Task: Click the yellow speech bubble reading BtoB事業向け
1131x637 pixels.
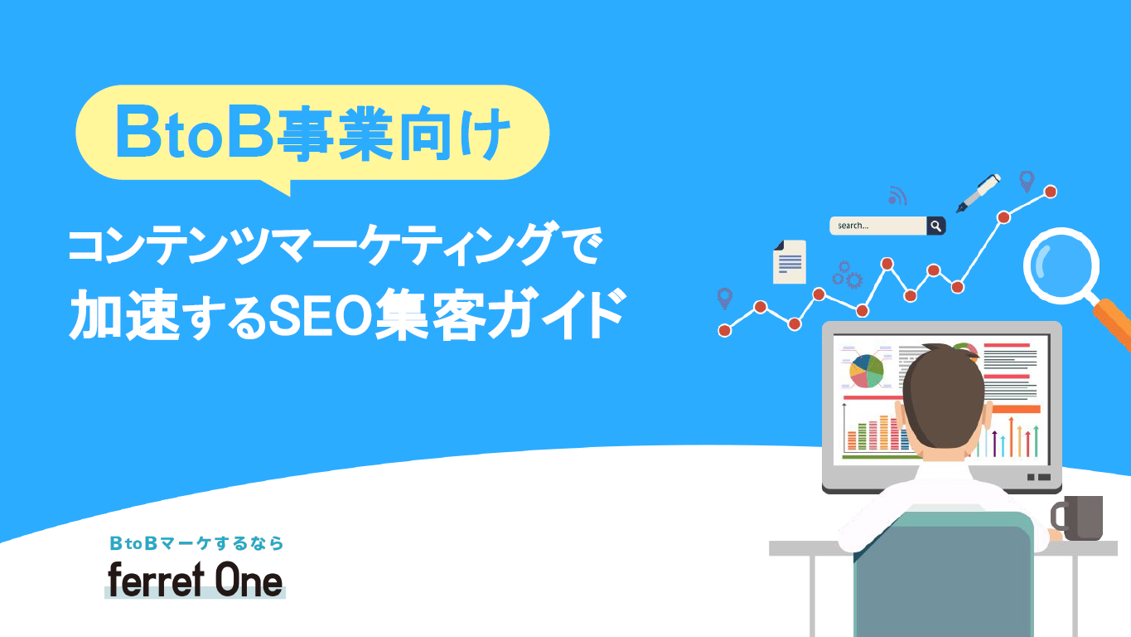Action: pyautogui.click(x=312, y=133)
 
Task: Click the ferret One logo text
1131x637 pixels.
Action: pyautogui.click(x=195, y=580)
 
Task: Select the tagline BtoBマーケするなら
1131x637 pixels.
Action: pyautogui.click(x=196, y=543)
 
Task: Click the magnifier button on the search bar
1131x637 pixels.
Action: pyautogui.click(x=936, y=226)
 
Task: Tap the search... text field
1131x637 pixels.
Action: pyautogui.click(x=878, y=226)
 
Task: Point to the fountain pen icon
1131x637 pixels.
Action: pyautogui.click(x=979, y=192)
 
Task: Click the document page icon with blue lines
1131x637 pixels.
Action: pyautogui.click(x=790, y=262)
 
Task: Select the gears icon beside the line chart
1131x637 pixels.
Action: pyautogui.click(x=848, y=275)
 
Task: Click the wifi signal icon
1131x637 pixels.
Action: pyautogui.click(x=897, y=196)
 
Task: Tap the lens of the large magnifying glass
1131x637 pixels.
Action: pyautogui.click(x=1061, y=266)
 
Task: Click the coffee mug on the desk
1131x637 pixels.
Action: pyautogui.click(x=1077, y=518)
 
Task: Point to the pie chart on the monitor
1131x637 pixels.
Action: pyautogui.click(x=867, y=371)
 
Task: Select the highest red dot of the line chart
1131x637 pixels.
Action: pyautogui.click(x=1051, y=192)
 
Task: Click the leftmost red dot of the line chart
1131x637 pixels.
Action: pyautogui.click(x=724, y=331)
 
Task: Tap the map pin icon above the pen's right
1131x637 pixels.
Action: pyautogui.click(x=1027, y=182)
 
